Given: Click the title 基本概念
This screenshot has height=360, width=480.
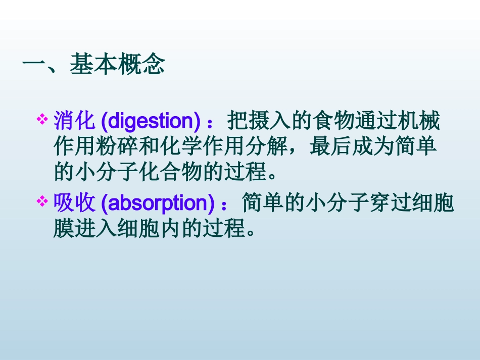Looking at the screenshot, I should coord(117,65).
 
